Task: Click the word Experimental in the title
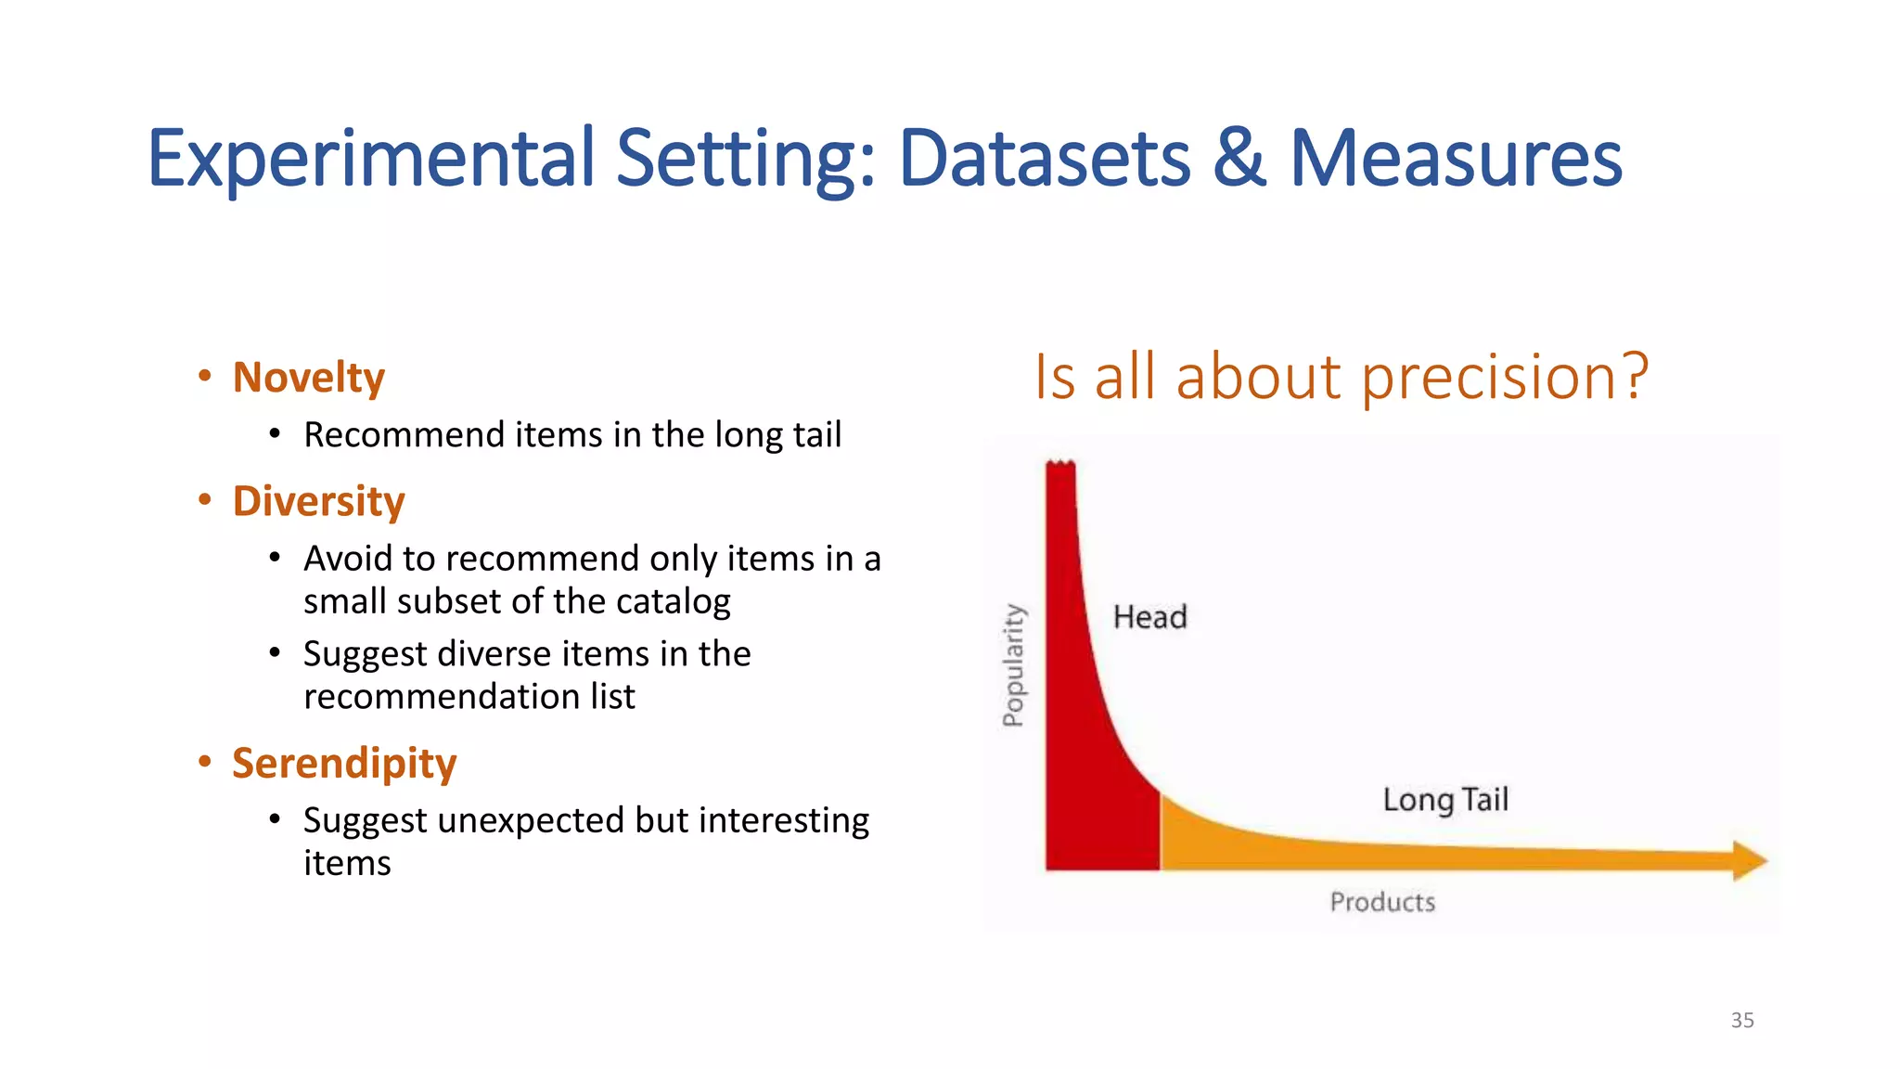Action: click(x=371, y=160)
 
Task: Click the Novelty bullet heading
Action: click(x=308, y=378)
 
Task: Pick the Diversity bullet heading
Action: click(x=318, y=501)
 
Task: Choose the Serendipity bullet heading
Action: click(x=344, y=764)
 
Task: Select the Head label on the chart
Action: click(x=1149, y=617)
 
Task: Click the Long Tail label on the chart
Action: click(x=1445, y=800)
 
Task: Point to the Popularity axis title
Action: click(x=1013, y=664)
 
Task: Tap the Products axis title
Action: click(x=1382, y=902)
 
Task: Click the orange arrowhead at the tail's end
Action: click(x=1750, y=861)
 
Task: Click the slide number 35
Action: click(x=1742, y=1020)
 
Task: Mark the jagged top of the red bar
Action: click(x=1060, y=463)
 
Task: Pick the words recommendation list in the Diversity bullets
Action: click(x=469, y=697)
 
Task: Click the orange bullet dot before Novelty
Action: click(x=205, y=376)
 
